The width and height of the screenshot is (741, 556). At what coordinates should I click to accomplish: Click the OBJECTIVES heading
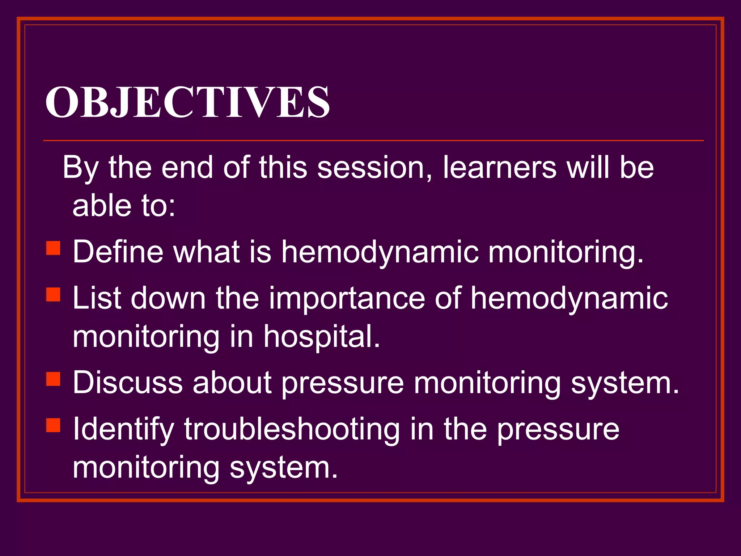(x=187, y=102)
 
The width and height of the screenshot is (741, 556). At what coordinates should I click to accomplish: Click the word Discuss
(x=128, y=383)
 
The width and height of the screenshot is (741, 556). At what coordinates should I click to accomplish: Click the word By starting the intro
(x=80, y=168)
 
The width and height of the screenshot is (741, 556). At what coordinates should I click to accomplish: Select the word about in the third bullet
(x=232, y=383)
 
